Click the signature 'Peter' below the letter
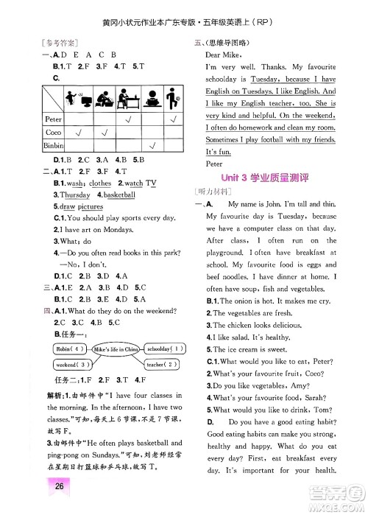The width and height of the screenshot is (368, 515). pos(214,164)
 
